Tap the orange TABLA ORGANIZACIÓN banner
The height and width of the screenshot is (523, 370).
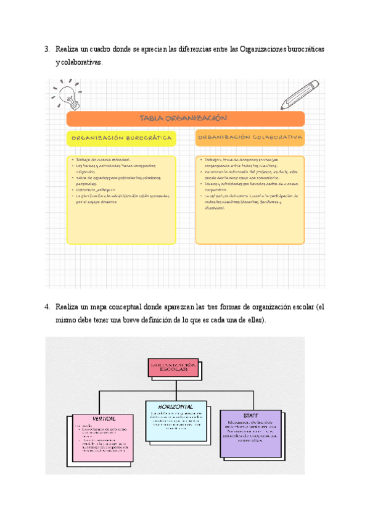point(185,119)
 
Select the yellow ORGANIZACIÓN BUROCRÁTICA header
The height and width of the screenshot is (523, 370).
point(121,139)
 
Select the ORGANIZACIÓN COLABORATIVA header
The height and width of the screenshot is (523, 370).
point(250,138)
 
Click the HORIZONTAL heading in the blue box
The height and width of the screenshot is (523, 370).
point(175,407)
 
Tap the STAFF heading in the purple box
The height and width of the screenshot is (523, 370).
point(250,416)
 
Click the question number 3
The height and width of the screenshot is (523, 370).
point(47,49)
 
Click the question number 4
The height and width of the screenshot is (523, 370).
point(47,307)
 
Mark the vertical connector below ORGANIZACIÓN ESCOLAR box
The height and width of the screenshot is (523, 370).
point(172,382)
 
